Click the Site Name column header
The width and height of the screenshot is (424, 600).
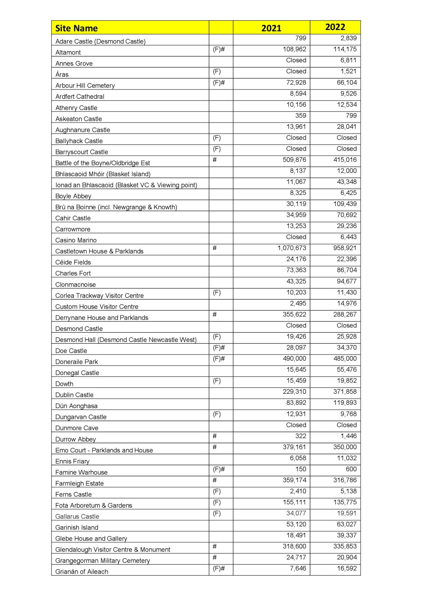click(77, 28)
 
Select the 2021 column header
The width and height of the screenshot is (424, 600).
click(271, 28)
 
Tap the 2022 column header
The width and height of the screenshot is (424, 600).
click(335, 27)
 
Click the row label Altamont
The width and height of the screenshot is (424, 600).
click(68, 52)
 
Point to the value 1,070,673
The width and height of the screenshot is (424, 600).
click(292, 248)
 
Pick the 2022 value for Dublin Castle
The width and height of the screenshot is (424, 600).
click(345, 392)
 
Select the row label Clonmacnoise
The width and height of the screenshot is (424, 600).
click(76, 285)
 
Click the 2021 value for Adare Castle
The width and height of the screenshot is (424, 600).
click(301, 38)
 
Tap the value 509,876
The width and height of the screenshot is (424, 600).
click(294, 160)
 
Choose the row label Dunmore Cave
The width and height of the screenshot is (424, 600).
click(77, 428)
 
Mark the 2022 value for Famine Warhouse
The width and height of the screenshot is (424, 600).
click(351, 469)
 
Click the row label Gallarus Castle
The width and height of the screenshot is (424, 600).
click(77, 517)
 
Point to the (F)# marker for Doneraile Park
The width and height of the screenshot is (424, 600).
click(219, 359)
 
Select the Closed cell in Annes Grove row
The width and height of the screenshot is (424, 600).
click(296, 60)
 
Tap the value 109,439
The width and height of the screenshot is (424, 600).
click(345, 204)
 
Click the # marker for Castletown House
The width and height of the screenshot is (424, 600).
click(215, 248)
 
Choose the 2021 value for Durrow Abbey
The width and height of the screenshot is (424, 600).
click(301, 436)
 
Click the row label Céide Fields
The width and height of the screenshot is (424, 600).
click(73, 262)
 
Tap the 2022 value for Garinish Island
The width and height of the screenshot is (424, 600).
click(347, 524)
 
